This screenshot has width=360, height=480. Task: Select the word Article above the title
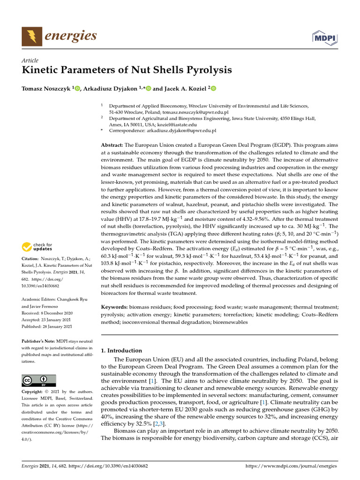click(x=30, y=60)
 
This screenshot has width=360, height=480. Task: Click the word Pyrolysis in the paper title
click(x=207, y=71)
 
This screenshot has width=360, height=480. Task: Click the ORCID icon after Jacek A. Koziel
click(x=213, y=89)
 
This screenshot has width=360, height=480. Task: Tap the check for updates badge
click(x=37, y=247)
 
